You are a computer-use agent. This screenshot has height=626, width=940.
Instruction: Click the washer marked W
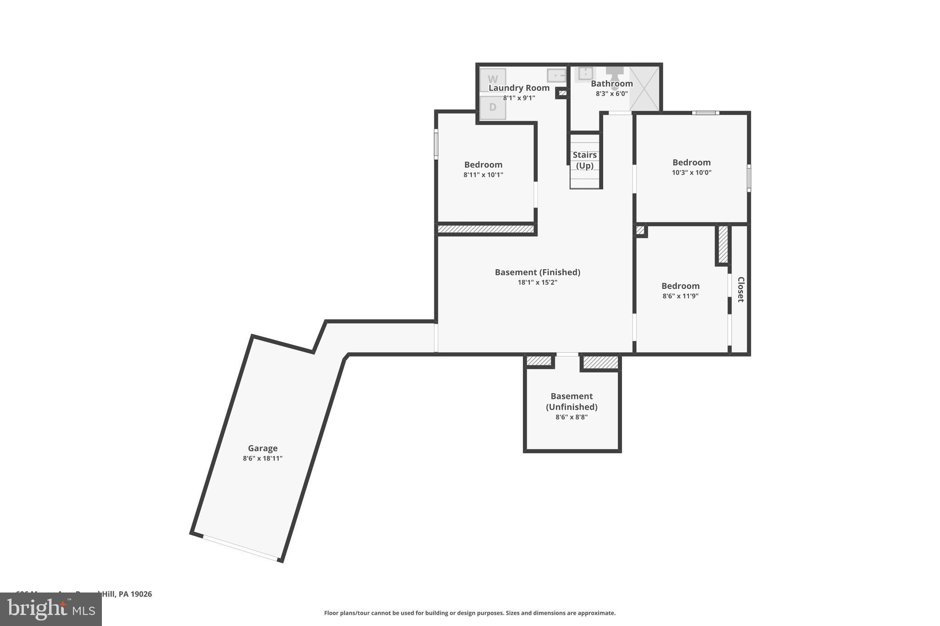(x=492, y=80)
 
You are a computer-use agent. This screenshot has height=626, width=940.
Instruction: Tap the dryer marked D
(x=492, y=107)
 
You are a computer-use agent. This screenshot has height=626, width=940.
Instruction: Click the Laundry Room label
(x=519, y=88)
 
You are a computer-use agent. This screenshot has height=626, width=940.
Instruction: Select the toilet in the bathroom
(x=615, y=75)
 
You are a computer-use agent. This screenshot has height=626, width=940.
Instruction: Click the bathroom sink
(x=585, y=73)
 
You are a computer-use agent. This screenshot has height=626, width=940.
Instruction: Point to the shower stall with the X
(x=644, y=89)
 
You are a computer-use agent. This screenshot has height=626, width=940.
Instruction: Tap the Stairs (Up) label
(x=585, y=160)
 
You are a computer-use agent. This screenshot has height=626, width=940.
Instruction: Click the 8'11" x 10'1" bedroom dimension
(x=483, y=175)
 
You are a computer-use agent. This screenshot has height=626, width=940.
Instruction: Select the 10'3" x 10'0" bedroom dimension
(x=691, y=172)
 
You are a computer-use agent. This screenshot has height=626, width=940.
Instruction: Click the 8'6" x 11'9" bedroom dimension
(x=680, y=296)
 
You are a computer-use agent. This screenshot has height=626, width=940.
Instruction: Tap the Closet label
(x=740, y=289)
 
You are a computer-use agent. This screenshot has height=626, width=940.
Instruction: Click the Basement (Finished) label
(x=537, y=272)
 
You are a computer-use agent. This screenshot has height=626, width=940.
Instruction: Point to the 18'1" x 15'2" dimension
(x=537, y=283)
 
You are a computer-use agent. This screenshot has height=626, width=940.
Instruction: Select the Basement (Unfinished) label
(x=571, y=401)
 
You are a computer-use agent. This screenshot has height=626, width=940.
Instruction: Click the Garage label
(x=263, y=448)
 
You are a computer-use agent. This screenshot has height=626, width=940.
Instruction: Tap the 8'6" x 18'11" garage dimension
(x=263, y=458)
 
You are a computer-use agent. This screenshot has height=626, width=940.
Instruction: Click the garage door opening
(x=241, y=548)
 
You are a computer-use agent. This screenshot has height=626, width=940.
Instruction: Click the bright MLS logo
(x=51, y=609)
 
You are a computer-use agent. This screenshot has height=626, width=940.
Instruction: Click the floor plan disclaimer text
(x=470, y=613)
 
